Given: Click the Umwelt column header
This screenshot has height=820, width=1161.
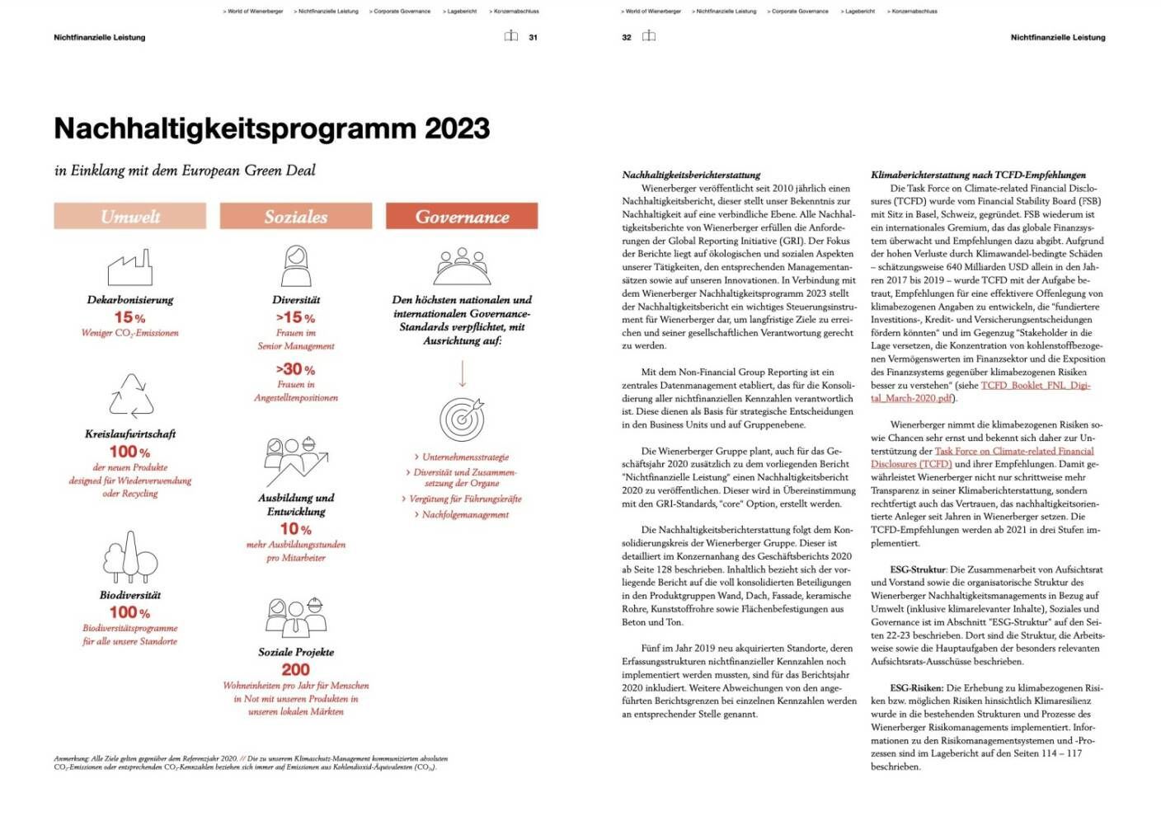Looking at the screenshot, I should pyautogui.click(x=129, y=216).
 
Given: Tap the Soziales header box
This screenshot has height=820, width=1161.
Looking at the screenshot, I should pyautogui.click(x=295, y=216).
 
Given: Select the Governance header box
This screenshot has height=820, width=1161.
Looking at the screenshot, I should pyautogui.click(x=462, y=216).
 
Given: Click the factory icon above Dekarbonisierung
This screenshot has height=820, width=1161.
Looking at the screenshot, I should pyautogui.click(x=129, y=267).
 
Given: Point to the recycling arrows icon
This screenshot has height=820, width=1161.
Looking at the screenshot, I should pyautogui.click(x=130, y=396).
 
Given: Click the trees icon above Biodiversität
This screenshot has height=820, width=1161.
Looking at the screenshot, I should pyautogui.click(x=129, y=556).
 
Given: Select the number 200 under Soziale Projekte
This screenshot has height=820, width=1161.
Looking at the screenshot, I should pyautogui.click(x=295, y=669).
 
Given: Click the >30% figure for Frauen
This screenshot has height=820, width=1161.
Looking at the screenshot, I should pyautogui.click(x=295, y=369).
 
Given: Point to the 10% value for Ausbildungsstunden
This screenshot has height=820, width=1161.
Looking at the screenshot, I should pyautogui.click(x=295, y=528).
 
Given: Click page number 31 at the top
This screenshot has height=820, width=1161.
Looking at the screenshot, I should pyautogui.click(x=533, y=37).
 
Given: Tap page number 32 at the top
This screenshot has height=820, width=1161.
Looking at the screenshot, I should pyautogui.click(x=627, y=37).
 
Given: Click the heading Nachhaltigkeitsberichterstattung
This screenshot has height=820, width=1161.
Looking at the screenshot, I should pyautogui.click(x=691, y=175).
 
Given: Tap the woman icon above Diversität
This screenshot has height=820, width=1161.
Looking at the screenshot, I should pyautogui.click(x=295, y=266).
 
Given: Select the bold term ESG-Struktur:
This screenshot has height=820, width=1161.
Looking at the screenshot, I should pyautogui.click(x=918, y=569).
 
